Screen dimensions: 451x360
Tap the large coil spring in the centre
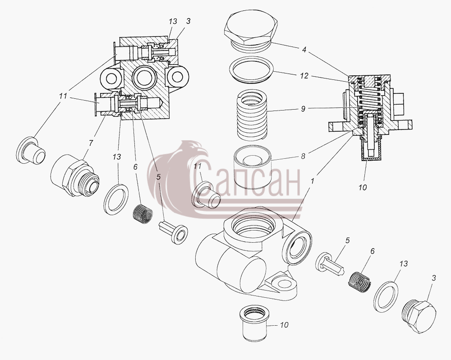(x=252, y=115)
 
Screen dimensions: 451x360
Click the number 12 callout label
(x=304, y=76)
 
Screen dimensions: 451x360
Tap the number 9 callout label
(x=303, y=109)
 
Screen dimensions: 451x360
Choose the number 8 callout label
(x=303, y=156)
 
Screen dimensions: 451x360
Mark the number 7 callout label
(x=91, y=143)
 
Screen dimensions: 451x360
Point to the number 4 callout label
(x=304, y=50)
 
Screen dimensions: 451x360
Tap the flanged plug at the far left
(x=31, y=151)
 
